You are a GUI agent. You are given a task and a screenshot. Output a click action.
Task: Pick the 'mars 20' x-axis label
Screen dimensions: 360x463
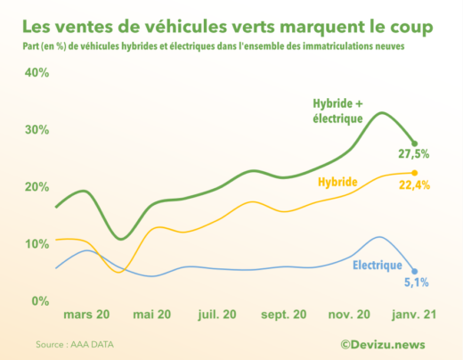86,315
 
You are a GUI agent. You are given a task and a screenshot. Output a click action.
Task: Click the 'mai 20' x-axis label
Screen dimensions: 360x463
152,315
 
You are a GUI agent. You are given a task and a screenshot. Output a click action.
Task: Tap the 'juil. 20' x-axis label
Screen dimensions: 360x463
217,315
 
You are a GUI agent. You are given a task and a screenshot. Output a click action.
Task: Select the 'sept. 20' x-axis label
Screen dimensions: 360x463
285,315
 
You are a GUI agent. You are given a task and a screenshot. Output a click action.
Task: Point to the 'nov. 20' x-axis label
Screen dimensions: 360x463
350,315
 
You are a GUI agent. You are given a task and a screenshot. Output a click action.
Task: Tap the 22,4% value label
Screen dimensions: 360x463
414,185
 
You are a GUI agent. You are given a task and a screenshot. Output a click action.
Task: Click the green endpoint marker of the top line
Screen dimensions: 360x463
414,143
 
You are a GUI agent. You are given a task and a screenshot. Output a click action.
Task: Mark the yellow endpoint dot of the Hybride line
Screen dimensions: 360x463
414,173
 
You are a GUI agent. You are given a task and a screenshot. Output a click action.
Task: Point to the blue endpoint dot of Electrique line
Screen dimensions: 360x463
414,272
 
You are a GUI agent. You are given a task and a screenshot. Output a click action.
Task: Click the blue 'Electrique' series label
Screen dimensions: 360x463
377,266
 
